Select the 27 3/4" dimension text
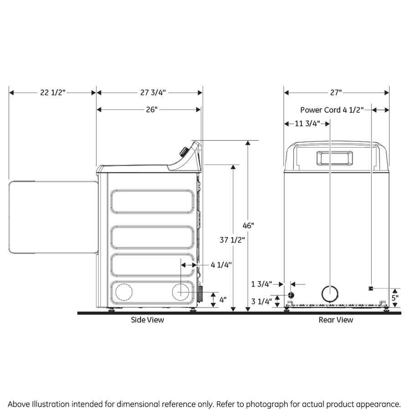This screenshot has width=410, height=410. point(153,92)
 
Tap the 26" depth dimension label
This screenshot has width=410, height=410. point(152,110)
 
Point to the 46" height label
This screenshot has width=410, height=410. point(248,225)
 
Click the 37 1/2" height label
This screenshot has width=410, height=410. point(232,240)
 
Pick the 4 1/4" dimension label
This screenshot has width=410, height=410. point(222,264)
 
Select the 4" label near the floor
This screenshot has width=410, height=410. point(223,300)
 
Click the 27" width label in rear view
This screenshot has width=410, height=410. point(336,92)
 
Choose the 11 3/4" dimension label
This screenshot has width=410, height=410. point(308,123)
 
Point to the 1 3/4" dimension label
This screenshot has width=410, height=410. point(261,284)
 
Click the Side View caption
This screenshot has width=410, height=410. point(148,320)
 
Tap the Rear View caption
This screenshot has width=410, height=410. point(336,320)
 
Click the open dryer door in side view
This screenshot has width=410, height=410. point(54,216)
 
